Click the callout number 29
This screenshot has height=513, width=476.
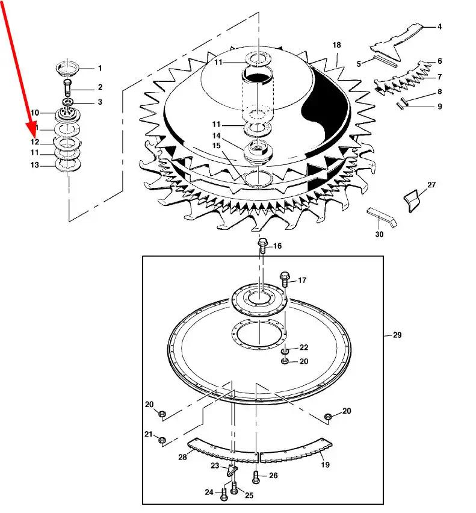coord(397,335)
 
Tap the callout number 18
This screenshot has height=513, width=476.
coord(337,45)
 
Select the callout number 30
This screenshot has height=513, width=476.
coord(379,234)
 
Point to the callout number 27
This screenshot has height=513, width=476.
coord(431,185)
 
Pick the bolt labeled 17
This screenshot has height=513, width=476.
coord(285,279)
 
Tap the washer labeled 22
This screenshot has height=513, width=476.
coord(285,352)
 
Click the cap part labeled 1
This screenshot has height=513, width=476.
coord(67,67)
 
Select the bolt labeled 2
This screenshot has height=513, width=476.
coord(67,88)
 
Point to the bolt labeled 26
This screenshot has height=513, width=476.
coord(256,477)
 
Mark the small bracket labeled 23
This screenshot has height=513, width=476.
coord(232,470)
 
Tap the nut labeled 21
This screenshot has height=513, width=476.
coord(161,440)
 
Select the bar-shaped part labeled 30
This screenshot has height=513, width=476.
coord(382,217)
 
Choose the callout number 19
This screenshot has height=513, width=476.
coord(326,465)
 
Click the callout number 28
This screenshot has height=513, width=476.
coord(182,457)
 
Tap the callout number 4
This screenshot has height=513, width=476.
coord(440,26)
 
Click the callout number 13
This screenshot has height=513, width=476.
coord(35,165)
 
